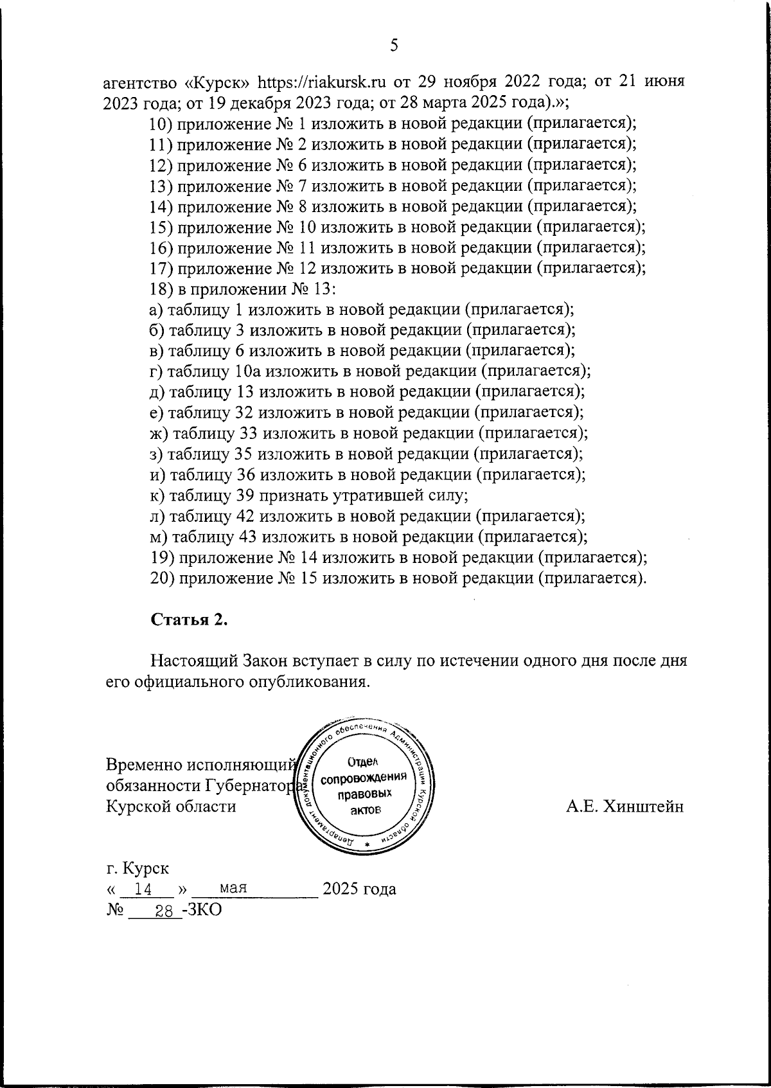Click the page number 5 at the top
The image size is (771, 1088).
click(x=394, y=45)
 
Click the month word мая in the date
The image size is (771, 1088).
click(x=234, y=888)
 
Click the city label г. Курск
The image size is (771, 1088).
click(x=137, y=868)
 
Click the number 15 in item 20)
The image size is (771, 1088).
click(x=306, y=578)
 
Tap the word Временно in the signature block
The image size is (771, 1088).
click(x=143, y=765)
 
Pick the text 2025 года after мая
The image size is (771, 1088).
click(x=359, y=889)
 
